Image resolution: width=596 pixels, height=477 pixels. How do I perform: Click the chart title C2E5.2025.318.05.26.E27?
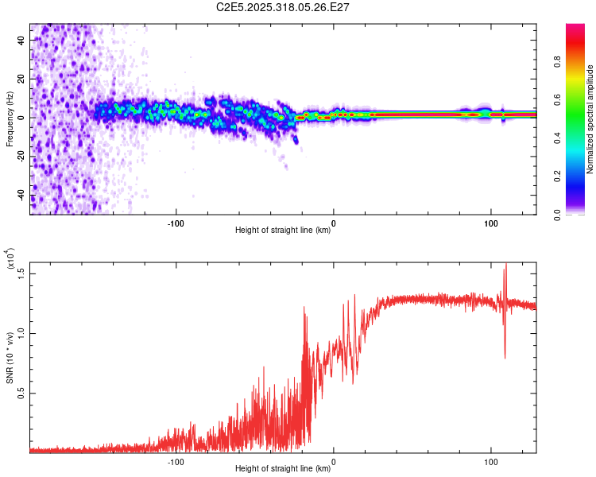point(283,7)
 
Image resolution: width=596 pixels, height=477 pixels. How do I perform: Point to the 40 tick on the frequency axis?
point(22,39)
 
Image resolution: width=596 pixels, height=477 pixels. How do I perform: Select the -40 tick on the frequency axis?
point(22,196)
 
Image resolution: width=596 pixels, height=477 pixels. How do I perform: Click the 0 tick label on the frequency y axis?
point(22,118)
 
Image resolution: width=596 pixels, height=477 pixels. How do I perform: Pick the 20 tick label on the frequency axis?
point(22,78)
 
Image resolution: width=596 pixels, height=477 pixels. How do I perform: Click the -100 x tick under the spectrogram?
point(176,223)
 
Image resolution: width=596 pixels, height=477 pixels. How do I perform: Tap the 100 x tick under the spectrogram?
point(490,223)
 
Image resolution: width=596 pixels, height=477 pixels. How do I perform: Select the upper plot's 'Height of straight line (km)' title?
point(283,231)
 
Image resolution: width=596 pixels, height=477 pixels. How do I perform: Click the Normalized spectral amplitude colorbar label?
point(590,119)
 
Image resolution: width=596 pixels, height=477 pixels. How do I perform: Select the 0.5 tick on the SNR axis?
point(22,393)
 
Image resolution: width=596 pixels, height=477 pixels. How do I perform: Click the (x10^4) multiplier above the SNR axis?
point(10,259)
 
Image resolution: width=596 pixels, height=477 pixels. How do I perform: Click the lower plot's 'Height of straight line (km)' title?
point(283,469)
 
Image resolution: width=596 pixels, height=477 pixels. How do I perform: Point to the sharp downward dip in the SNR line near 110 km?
point(505,357)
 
